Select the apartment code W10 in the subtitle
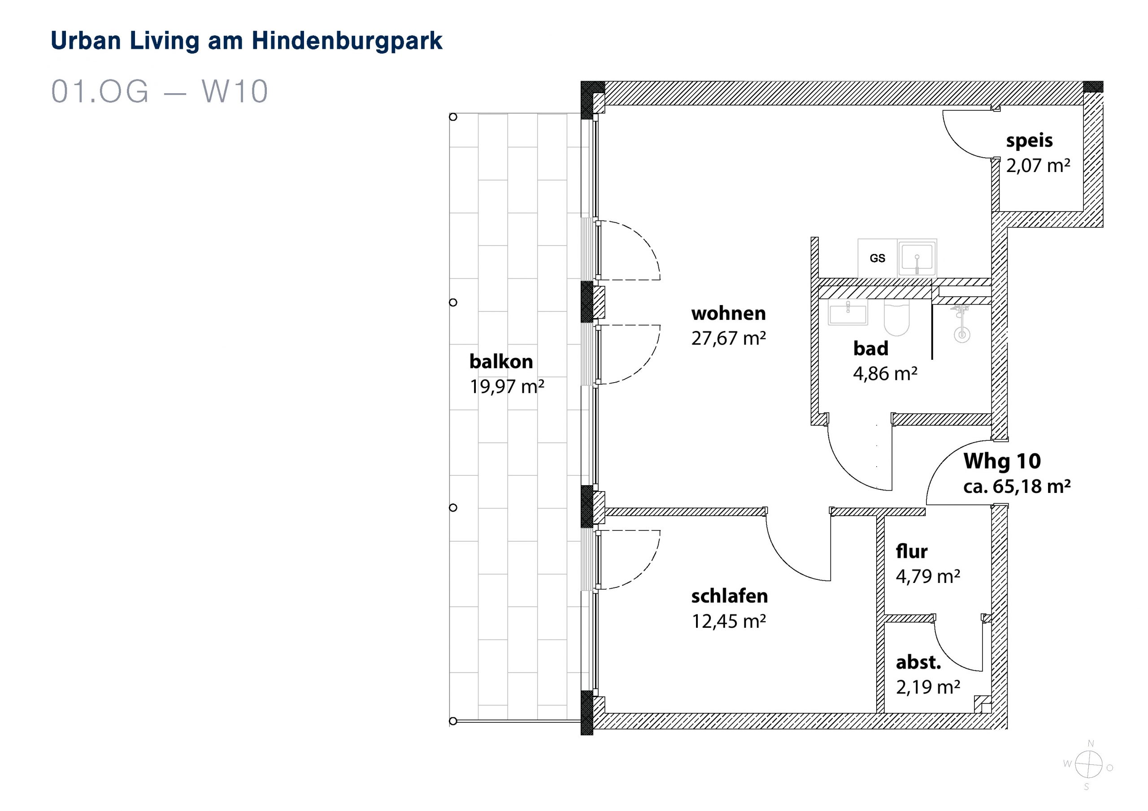pyautogui.click(x=235, y=91)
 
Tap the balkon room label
pyautogui.click(x=501, y=361)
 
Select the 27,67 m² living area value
pyautogui.click(x=729, y=338)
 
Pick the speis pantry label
pyautogui.click(x=1030, y=141)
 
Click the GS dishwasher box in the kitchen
pyautogui.click(x=878, y=258)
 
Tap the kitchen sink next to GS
pyautogui.click(x=917, y=258)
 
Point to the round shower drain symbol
pyautogui.click(x=961, y=334)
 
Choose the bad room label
pyautogui.click(x=870, y=348)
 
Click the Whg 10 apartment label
pyautogui.click(x=1002, y=461)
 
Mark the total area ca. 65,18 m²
pyautogui.click(x=1017, y=486)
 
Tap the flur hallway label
pyautogui.click(x=912, y=552)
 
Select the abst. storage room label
pyautogui.click(x=918, y=662)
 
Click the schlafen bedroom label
pyautogui.click(x=730, y=596)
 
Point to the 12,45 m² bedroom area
pyautogui.click(x=729, y=621)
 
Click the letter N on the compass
pyautogui.click(x=1091, y=743)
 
